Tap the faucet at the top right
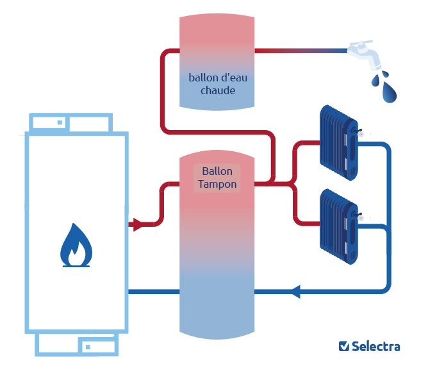pos(364,54)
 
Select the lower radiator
pos(339,225)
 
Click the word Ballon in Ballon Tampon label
pos(217,172)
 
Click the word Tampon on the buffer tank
pos(217,185)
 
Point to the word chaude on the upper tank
pos(217,90)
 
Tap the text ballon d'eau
pos(217,78)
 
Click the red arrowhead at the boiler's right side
pos(136,225)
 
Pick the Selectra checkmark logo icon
pos(343,347)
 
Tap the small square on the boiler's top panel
pos(60,122)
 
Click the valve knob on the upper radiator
pos(361,135)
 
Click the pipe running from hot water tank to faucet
pos(301,50)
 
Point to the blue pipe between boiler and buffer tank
pos(154,292)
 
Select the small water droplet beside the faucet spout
pos(375,79)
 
